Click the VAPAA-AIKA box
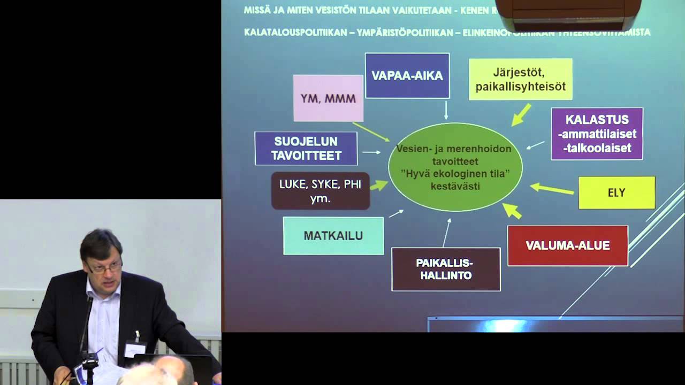[407, 75]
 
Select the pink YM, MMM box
[328, 98]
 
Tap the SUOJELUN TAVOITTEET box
[306, 148]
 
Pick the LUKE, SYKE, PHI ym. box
[320, 190]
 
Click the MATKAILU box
[333, 235]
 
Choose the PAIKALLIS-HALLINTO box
[446, 269]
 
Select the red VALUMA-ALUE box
[567, 245]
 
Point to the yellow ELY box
[616, 192]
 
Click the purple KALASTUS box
[597, 134]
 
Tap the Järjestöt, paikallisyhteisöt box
[520, 80]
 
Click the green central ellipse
[455, 167]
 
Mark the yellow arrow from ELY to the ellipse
[551, 189]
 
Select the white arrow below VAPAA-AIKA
[446, 110]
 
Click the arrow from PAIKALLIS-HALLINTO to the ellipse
[446, 232]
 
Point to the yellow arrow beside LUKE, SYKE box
[379, 185]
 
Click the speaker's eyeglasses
[105, 266]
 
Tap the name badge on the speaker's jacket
[134, 348]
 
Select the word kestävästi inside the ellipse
[455, 187]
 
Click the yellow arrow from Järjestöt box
[521, 115]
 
